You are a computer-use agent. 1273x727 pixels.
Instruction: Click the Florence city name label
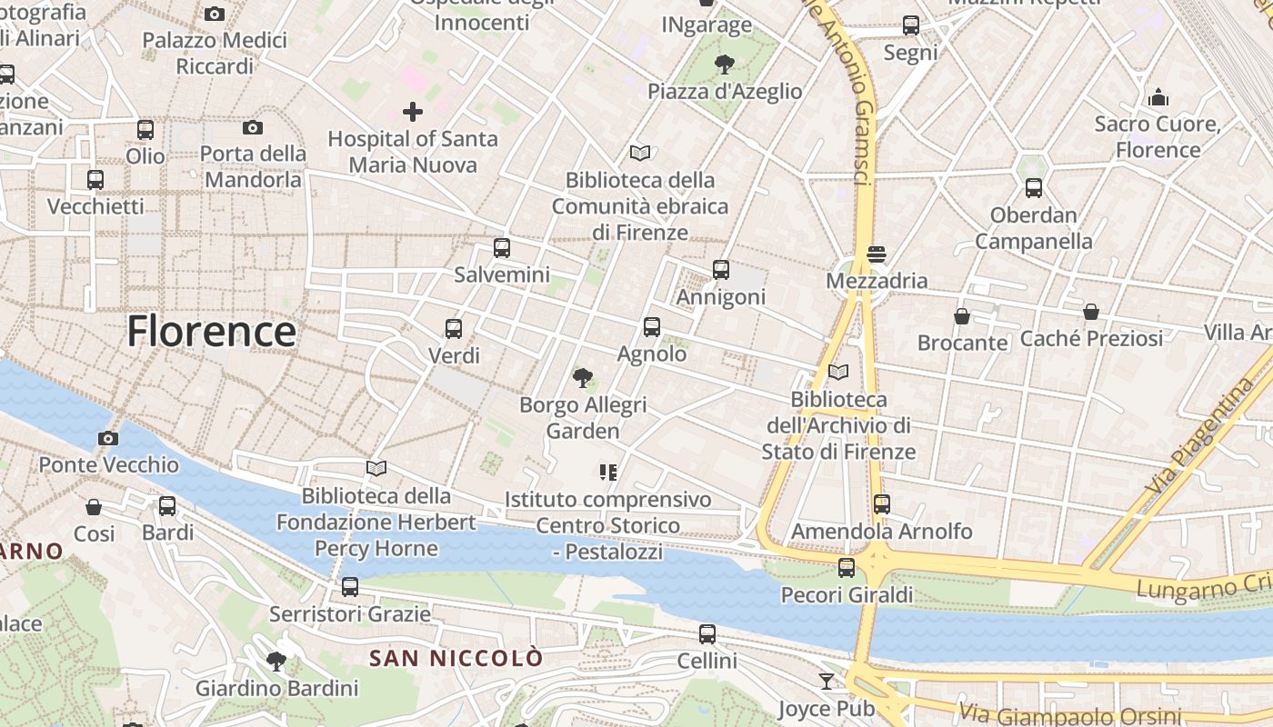211,332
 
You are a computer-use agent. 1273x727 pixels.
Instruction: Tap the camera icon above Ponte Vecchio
108,438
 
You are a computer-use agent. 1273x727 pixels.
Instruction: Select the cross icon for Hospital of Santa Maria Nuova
413,112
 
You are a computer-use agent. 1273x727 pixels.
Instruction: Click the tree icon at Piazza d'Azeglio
725,64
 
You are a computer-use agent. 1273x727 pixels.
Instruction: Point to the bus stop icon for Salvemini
501,247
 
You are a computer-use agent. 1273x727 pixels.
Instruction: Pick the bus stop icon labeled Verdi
454,328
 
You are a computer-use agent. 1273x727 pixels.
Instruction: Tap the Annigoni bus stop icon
721,269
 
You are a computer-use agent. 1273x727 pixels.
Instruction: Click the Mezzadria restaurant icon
877,254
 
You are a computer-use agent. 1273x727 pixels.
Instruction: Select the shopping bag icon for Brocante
962,316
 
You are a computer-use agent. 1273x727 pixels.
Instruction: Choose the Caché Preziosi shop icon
1091,312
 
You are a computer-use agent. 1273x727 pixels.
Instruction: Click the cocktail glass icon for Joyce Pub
826,681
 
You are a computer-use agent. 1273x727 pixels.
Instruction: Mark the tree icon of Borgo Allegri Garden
582,377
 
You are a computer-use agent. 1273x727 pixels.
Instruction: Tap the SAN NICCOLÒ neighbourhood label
456,658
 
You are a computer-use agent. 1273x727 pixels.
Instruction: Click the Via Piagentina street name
1201,436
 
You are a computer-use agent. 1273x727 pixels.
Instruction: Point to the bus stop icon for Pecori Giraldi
847,568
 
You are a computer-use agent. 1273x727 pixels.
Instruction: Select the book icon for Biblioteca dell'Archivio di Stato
838,373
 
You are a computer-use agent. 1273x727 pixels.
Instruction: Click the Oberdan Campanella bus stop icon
1034,188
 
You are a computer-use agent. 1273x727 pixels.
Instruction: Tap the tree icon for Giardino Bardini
276,661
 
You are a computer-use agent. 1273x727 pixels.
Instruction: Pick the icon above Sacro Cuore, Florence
1158,96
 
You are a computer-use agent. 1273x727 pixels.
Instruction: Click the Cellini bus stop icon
707,633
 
